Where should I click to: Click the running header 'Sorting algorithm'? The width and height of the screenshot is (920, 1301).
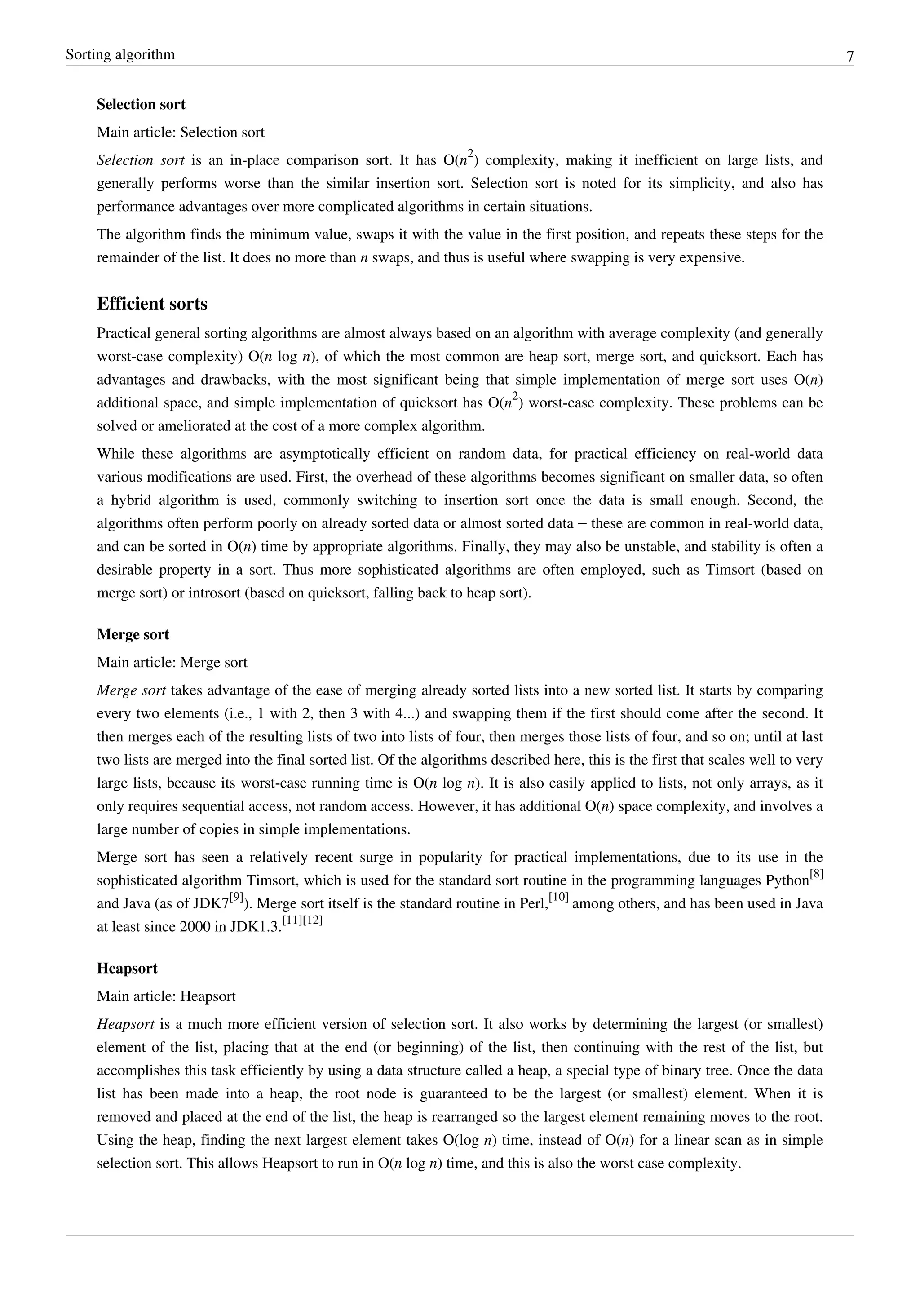120,54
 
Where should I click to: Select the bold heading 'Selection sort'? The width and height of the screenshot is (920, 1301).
141,104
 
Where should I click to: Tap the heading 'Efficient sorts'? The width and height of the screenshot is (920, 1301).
152,304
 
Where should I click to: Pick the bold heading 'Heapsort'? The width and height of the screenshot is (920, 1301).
127,969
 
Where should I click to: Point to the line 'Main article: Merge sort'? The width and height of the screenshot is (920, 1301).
172,662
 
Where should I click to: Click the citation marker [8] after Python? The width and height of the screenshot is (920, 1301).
816,874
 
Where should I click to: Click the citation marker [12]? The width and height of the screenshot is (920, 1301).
313,921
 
